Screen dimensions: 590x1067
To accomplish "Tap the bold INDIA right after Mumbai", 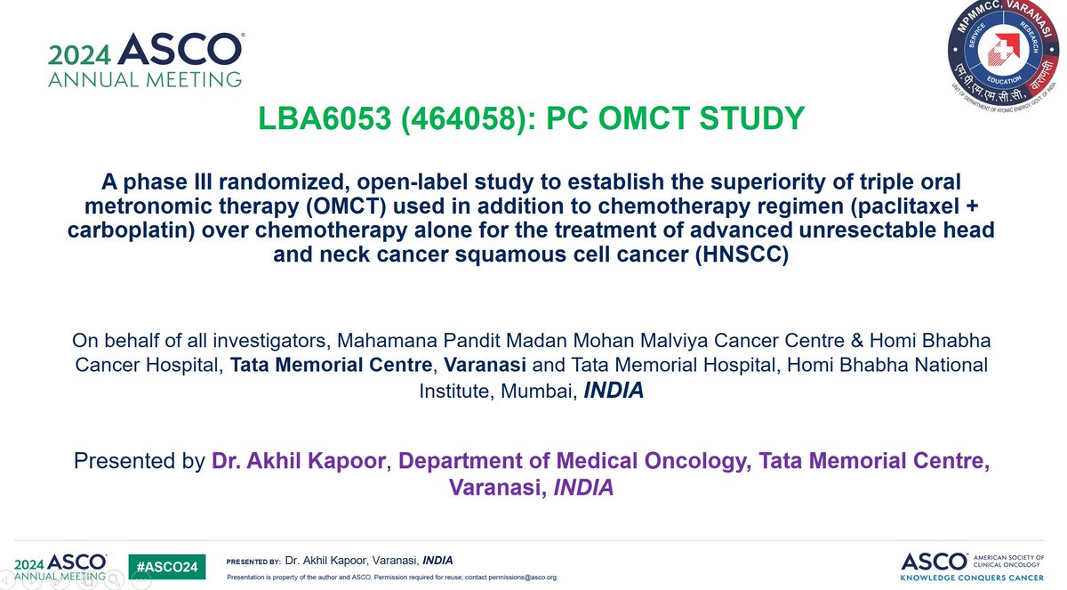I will pyautogui.click(x=614, y=391).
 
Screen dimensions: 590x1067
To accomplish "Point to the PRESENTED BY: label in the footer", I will pyautogui.click(x=253, y=562).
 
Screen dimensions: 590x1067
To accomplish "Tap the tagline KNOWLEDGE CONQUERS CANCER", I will pyautogui.click(x=972, y=577).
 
